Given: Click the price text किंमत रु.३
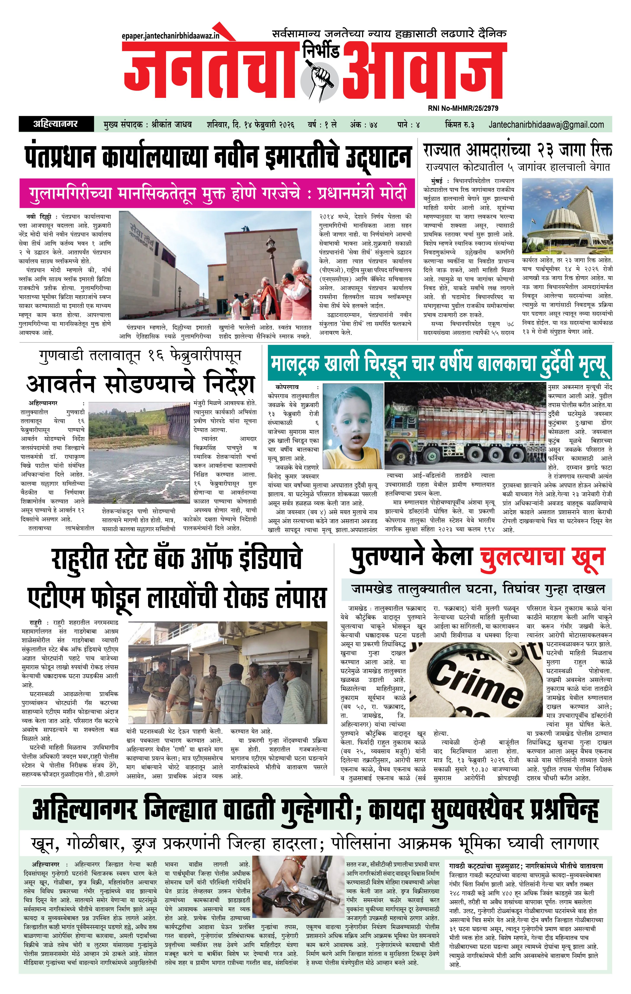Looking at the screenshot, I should click(x=459, y=124).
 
